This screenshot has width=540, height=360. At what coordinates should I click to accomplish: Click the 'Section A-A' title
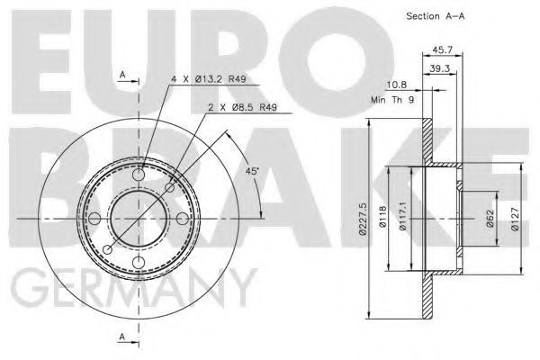pos(436,16)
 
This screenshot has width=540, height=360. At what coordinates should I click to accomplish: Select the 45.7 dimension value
pos(443,49)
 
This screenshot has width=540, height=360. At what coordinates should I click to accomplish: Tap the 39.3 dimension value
pos(440,68)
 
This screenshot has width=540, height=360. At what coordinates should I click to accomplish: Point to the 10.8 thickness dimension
pos(397,85)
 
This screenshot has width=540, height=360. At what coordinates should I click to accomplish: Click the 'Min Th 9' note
pos(392,100)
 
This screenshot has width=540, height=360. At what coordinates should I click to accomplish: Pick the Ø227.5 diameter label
pos(363,219)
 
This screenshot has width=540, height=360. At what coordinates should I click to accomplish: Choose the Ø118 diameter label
pos(382,217)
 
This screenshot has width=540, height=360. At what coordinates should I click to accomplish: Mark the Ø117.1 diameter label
pos(402,218)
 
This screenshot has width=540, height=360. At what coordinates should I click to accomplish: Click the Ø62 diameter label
pos(490,219)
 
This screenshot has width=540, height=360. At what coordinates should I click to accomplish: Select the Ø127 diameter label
pos(515,219)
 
